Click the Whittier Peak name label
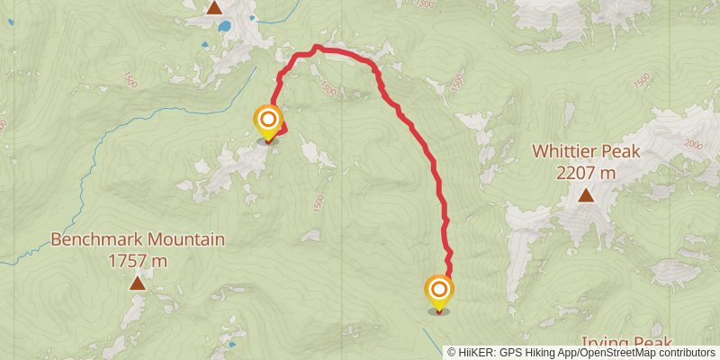click(586, 151)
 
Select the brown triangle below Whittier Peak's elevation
click(586, 195)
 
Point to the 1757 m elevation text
click(138, 261)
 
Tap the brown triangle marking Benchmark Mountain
click(138, 283)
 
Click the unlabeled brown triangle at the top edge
click(214, 8)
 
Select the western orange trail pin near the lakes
click(267, 121)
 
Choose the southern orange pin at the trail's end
click(439, 291)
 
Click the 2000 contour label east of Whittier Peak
click(693, 144)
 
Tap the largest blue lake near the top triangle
click(223, 26)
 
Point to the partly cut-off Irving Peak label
click(626, 345)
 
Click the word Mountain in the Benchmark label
click(179, 240)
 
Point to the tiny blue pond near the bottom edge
click(232, 344)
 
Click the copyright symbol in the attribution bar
click(451, 352)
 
